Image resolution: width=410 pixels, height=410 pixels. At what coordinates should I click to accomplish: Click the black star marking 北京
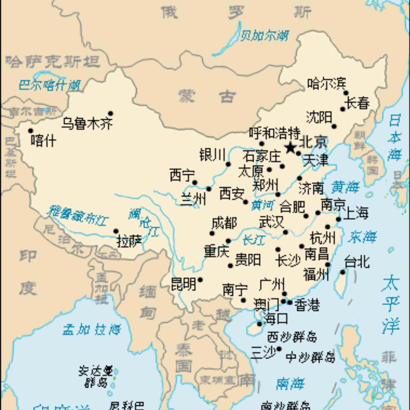point(290,147)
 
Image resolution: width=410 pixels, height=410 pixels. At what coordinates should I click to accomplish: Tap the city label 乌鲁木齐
point(87,124)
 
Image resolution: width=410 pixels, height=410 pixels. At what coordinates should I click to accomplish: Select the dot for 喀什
point(31,131)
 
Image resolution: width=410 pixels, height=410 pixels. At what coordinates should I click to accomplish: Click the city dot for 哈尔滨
point(346,93)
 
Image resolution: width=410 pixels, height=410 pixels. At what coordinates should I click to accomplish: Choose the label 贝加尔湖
point(264,36)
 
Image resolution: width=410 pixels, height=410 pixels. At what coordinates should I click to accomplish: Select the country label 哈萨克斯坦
point(53,61)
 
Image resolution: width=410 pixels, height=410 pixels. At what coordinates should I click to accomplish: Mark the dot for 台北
point(342,272)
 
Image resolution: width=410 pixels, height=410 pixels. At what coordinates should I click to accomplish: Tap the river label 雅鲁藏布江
point(78,215)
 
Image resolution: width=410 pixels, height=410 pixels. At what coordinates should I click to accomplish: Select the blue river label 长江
point(253,240)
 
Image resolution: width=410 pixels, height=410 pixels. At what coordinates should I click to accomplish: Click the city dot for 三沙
point(279,349)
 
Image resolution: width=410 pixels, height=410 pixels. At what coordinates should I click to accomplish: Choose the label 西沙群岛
point(291,337)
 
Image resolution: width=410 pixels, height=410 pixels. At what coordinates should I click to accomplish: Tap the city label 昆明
point(183,284)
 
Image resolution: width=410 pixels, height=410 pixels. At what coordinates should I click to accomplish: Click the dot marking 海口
point(260,324)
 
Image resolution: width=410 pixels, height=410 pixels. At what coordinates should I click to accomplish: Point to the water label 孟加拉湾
point(92,329)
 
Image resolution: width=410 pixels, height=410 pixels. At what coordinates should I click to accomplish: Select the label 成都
point(224,223)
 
